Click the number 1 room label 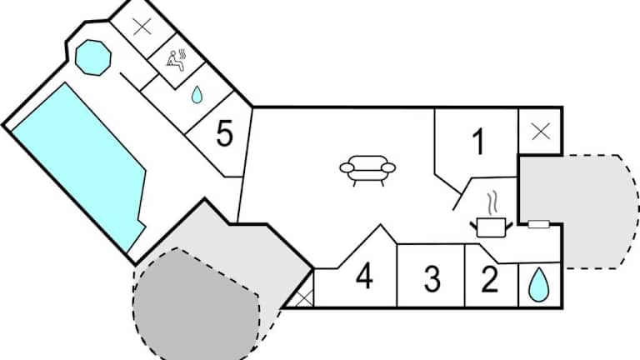pos(477,142)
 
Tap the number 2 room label pos(489,278)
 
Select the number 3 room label pos(432,278)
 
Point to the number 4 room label pos(363,277)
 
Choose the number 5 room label pos(224,133)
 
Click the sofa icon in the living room pos(367,168)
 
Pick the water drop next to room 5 pos(197,93)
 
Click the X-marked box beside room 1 pos(540,131)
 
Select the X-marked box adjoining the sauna pos(142,26)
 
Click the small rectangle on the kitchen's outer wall pos(538,223)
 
